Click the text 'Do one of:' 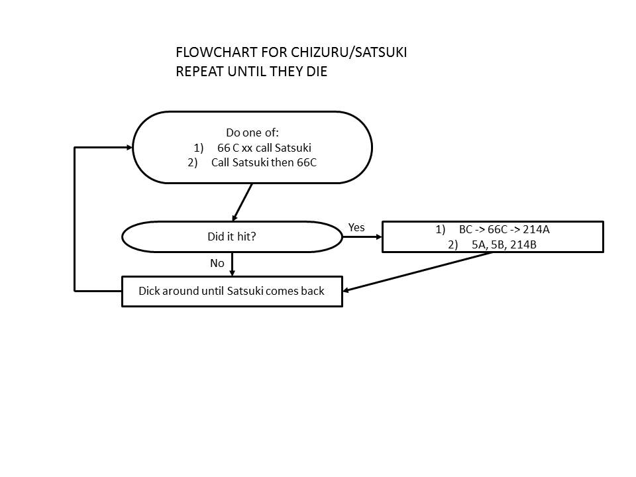coord(252,132)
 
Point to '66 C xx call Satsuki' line coord(264,148)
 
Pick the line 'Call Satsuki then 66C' coord(264,162)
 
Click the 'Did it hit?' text coord(231,237)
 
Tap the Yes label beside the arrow coord(356,227)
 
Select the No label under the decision coord(217,263)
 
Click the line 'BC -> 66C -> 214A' coord(503,230)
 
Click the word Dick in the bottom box coord(150,291)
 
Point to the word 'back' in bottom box coord(311,291)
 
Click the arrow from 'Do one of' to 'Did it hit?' coord(242,202)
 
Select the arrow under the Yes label coord(362,237)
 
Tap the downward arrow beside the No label coord(232,264)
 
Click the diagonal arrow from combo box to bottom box coord(417,272)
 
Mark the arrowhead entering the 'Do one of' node coord(129,147)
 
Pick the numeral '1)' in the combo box coord(441,230)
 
